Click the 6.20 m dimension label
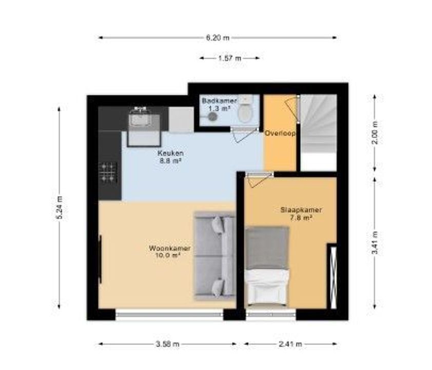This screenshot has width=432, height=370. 218,38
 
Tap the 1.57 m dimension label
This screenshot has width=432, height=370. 229,58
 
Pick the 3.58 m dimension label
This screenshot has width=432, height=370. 167,344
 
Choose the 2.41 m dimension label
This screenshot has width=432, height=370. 290,344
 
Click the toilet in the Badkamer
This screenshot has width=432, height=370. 245,112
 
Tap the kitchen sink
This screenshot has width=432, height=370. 140,120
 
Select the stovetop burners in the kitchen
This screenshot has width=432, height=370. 109,172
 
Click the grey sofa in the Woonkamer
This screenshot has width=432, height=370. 214,255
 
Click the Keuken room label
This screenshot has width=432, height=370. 171,156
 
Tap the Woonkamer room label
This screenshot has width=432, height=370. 170,251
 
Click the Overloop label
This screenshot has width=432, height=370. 280,133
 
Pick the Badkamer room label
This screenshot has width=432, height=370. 215,104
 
